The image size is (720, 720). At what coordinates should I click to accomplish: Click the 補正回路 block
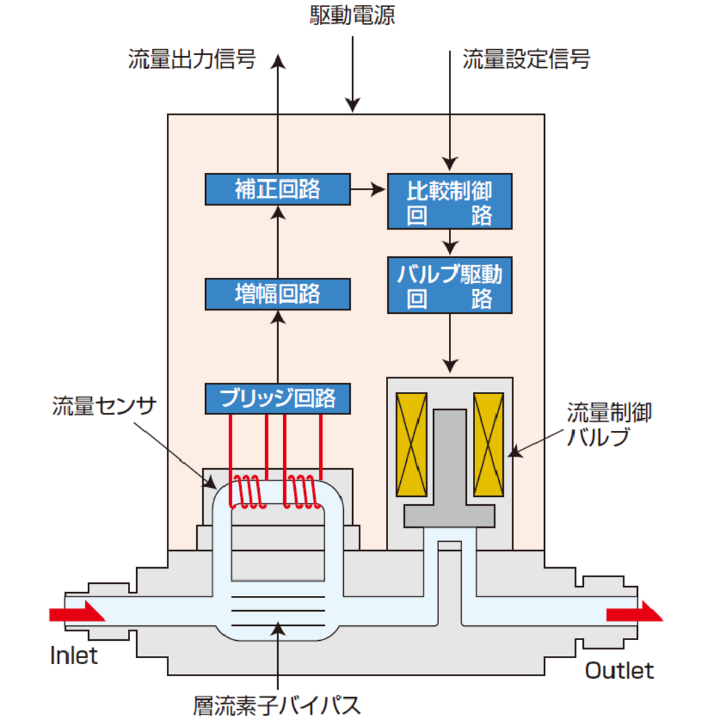(x=278, y=189)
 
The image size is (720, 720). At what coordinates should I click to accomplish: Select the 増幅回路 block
(x=278, y=294)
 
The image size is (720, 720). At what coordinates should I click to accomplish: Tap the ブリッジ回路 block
(x=278, y=398)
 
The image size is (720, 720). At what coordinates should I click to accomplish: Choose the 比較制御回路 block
(x=449, y=202)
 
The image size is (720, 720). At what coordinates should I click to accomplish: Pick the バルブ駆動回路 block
(x=449, y=285)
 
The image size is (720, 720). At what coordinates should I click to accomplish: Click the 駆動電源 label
(x=352, y=16)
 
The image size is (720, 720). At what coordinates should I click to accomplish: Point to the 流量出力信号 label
(x=192, y=59)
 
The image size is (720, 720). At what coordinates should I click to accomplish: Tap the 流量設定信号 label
(x=527, y=59)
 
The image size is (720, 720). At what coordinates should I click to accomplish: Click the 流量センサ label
(x=104, y=406)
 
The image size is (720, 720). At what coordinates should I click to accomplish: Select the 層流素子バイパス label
(x=277, y=704)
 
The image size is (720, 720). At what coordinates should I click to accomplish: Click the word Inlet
(x=74, y=656)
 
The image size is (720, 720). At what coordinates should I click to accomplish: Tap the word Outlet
(x=619, y=671)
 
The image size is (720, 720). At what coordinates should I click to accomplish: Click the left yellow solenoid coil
(x=412, y=445)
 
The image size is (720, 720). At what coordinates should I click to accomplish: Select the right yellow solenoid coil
(x=488, y=445)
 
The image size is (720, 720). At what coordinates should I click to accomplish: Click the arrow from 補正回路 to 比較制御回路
(x=368, y=189)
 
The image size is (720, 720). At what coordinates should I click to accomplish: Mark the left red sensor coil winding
(x=248, y=493)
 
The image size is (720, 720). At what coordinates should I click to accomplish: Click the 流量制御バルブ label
(x=610, y=424)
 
